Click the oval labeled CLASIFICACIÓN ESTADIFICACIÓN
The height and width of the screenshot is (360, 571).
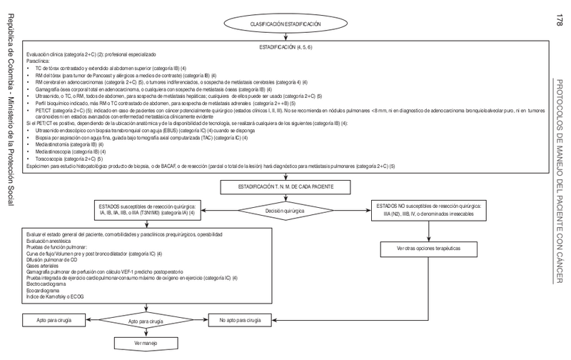tap(284, 24)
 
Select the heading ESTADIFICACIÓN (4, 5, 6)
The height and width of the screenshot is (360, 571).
tap(284, 46)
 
